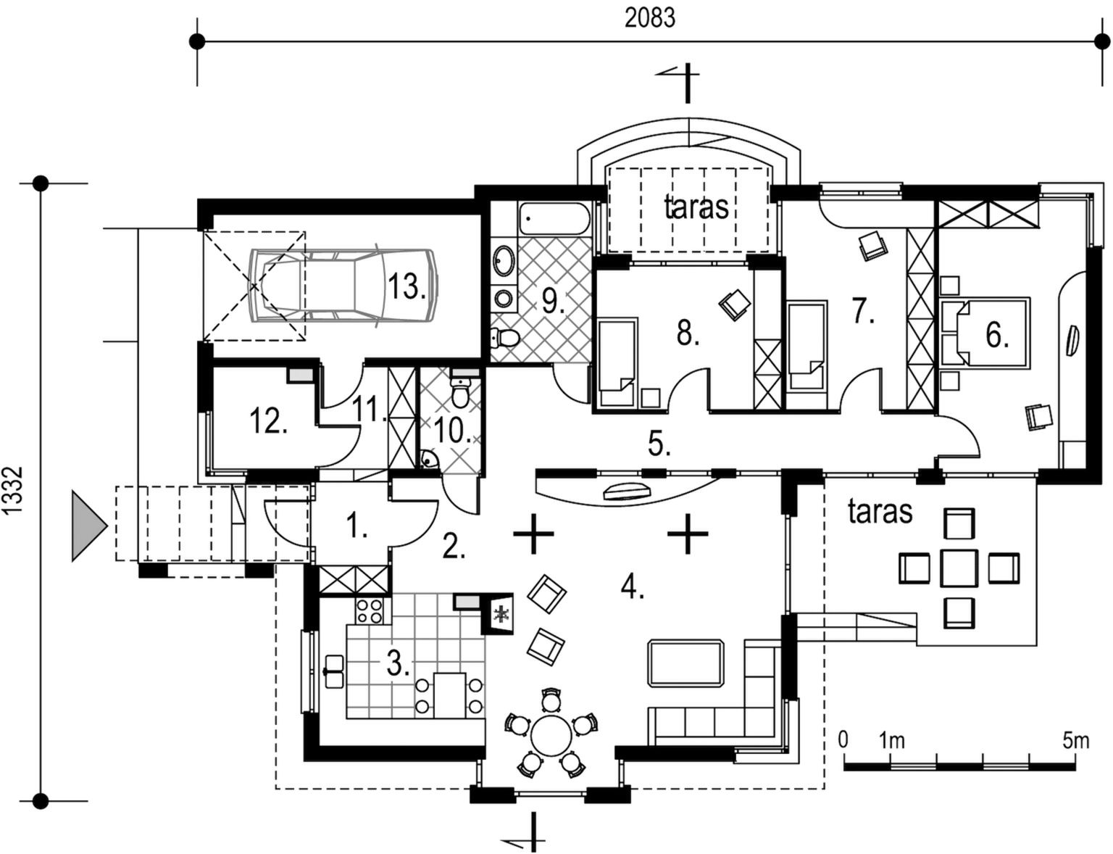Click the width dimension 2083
tap(650, 18)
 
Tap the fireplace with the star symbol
tap(499, 615)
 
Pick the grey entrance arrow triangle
tap(88, 526)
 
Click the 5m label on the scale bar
tap(1075, 740)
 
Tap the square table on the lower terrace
tap(959, 568)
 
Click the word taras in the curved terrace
tap(696, 207)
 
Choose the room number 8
tap(687, 335)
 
